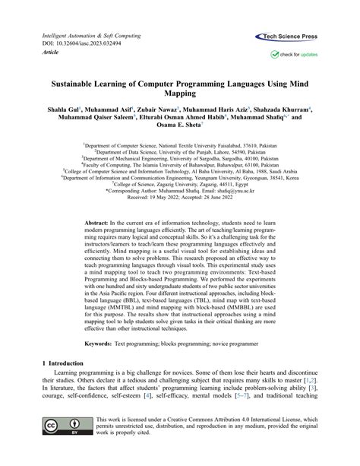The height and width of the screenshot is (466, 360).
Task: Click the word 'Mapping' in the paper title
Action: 179,94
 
